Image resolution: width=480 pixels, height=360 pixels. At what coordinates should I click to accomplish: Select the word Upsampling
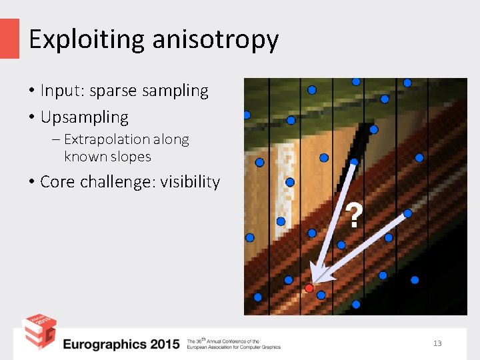tap(85, 118)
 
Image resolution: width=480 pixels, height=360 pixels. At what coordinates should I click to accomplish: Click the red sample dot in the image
tap(309, 288)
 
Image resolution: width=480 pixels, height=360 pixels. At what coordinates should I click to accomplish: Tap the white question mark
tap(355, 216)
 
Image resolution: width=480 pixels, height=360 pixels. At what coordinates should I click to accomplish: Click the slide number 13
tap(437, 343)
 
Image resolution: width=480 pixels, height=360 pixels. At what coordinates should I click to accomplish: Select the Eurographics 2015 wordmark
tap(121, 344)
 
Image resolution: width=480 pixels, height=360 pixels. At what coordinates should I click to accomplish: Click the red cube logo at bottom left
tap(39, 331)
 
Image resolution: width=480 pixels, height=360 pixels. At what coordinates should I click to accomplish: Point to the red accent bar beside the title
tap(9, 38)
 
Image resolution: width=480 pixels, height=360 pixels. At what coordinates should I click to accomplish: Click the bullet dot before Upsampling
tap(31, 118)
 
